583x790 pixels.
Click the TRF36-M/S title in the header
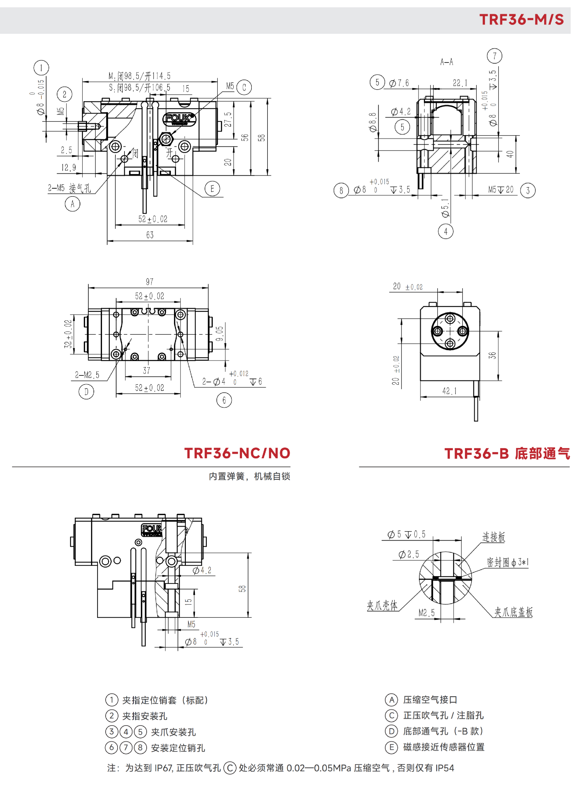point(521,19)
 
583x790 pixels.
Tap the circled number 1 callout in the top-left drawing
point(41,67)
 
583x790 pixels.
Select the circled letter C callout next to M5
point(244,87)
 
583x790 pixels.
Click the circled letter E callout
point(212,189)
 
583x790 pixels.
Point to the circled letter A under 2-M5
point(72,204)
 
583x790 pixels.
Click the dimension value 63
point(150,235)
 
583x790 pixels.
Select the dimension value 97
point(150,281)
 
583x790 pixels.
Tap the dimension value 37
point(146,370)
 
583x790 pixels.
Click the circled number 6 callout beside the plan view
point(224,400)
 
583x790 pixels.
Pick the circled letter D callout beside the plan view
point(86,392)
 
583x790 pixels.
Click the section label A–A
point(446,62)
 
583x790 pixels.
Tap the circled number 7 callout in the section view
point(494,56)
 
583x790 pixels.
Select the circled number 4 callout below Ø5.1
point(446,231)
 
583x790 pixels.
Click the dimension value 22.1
point(460,83)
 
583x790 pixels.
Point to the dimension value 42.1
point(449,391)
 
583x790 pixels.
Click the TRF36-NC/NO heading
point(237,453)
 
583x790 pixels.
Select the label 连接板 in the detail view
point(494,537)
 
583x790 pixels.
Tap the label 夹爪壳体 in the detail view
point(382,605)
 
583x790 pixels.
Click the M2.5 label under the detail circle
point(426,613)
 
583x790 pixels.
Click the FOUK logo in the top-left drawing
point(179,118)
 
